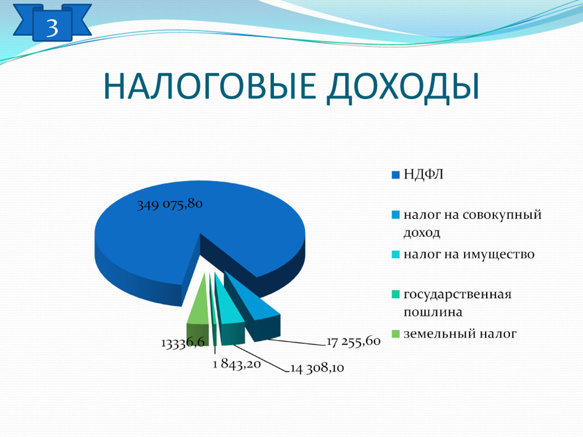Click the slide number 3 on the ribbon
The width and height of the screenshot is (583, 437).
point(52,27)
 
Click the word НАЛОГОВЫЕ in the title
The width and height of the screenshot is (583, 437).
point(210,86)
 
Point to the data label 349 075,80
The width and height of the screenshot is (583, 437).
point(170,204)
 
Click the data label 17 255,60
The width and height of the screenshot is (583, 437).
point(354,341)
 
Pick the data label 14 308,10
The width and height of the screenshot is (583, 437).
point(317,368)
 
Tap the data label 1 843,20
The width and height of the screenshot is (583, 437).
point(237,364)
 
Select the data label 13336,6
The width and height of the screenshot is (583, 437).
point(183,342)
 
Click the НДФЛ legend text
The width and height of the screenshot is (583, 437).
point(424,174)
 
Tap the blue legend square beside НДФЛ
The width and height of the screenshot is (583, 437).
point(396,175)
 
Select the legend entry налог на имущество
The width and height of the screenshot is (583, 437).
point(469,254)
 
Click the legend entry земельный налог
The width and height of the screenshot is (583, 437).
point(460,333)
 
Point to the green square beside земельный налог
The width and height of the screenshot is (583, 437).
point(396,334)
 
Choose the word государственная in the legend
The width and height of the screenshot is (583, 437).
point(457,294)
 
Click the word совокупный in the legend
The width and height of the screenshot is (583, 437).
point(502,215)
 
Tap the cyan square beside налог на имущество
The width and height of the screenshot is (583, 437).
point(396,254)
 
